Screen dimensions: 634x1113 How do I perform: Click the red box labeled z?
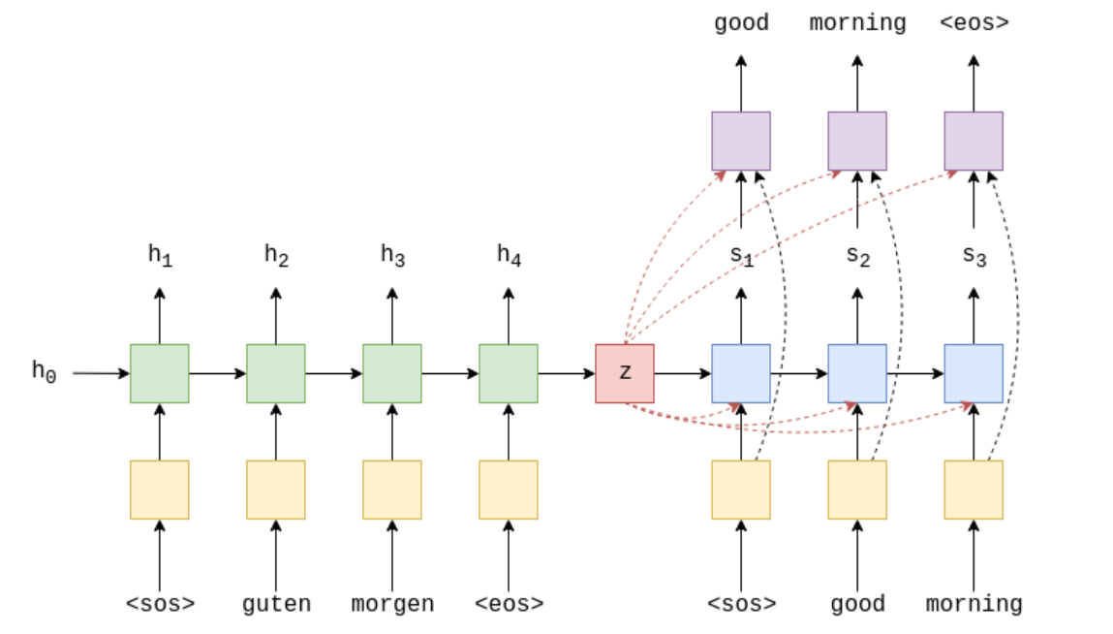625,373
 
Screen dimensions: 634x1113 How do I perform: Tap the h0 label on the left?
44,370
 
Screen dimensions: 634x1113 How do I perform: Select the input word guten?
276,604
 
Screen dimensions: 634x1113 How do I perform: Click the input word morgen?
392,604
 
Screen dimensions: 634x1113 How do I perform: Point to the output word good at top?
741,22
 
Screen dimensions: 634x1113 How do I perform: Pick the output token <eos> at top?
974,22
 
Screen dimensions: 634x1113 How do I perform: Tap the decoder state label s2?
857,256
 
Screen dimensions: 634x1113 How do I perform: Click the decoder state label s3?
974,256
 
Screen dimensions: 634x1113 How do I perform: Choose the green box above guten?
276,373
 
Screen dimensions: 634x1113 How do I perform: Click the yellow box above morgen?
392,490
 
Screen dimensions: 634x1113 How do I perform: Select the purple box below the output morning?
857,141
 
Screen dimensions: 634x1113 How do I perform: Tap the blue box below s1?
741,373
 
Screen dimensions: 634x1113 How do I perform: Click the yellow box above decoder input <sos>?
741,490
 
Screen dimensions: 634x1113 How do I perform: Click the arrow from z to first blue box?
683,373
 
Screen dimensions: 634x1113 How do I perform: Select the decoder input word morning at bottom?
974,604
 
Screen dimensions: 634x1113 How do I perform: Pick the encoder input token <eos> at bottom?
509,604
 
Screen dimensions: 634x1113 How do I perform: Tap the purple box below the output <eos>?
974,141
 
